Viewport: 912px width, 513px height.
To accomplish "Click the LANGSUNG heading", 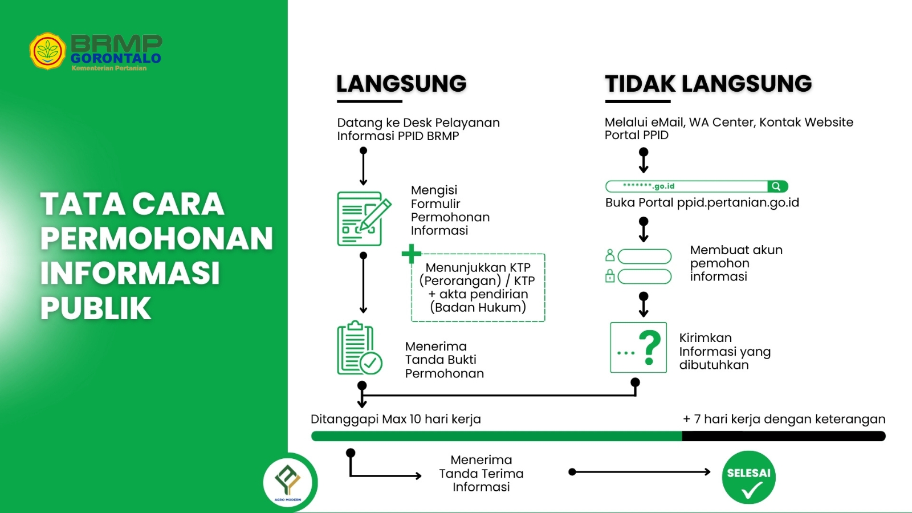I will pos(401,84).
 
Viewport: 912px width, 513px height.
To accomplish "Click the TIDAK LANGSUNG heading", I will pos(708,84).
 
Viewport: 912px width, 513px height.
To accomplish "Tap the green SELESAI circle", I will pos(748,478).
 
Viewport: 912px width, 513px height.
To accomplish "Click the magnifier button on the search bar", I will pos(777,186).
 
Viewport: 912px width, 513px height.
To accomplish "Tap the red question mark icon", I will pos(649,347).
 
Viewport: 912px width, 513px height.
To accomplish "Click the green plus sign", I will pos(411,254).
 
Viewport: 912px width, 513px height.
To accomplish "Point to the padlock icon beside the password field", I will pos(610,276).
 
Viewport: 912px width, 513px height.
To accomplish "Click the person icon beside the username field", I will pos(610,255).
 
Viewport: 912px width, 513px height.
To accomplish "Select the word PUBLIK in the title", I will pos(96,308).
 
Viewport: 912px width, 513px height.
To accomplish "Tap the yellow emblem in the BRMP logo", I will pos(47,51).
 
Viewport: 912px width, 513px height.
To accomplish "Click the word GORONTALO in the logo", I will pos(116,58).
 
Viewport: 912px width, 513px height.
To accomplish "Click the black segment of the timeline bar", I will pos(783,436).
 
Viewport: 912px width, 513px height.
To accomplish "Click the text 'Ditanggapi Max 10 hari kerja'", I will pos(396,420).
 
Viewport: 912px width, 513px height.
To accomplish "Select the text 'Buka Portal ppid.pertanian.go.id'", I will pos(702,203).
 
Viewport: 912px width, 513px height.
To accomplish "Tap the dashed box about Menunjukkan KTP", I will pos(478,288).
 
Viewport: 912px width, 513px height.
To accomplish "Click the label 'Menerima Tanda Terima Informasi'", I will pos(481,473).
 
